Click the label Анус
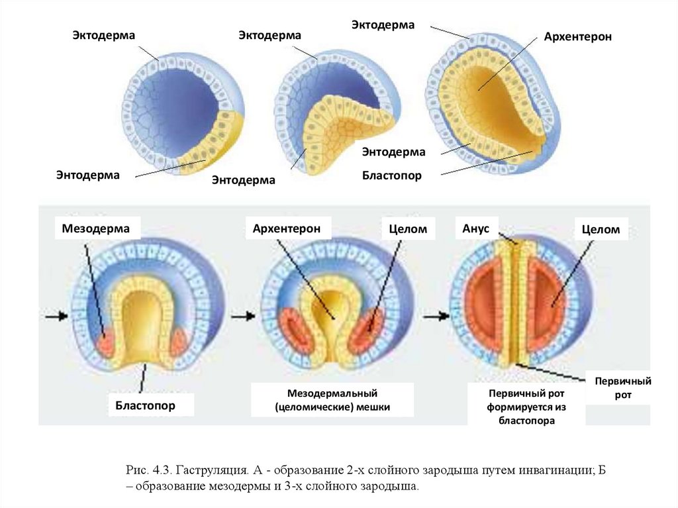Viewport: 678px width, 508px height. point(475,228)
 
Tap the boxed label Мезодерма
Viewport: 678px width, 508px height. point(92,229)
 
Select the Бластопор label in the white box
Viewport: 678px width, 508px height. point(146,405)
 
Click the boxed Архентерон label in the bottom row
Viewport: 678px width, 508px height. point(286,229)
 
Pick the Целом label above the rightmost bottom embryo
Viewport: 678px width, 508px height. point(601,229)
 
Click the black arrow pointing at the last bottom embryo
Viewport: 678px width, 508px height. point(434,317)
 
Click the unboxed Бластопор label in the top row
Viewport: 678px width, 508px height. point(391,176)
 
